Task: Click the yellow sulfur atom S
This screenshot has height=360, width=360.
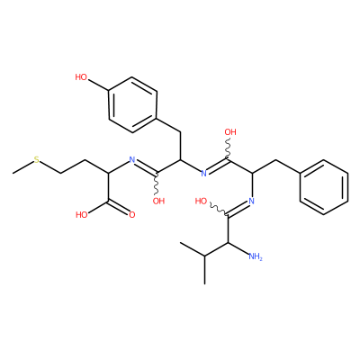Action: [37, 160]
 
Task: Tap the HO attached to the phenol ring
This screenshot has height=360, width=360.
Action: [81, 77]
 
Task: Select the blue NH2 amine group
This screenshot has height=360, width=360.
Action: [256, 256]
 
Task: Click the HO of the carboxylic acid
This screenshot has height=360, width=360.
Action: [82, 215]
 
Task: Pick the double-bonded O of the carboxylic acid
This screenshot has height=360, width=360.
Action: [132, 215]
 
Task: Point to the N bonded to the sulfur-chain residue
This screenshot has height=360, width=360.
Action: [131, 159]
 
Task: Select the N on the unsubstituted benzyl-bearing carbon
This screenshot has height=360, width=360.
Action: [251, 201]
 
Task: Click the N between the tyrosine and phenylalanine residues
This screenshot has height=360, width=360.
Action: [204, 173]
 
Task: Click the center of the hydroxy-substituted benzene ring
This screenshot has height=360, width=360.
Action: [132, 105]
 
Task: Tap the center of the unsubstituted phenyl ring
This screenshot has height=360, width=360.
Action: [324, 187]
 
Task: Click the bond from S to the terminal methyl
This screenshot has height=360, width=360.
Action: [23, 168]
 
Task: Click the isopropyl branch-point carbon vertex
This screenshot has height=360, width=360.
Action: [204, 256]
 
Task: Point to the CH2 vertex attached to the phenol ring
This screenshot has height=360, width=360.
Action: [180, 132]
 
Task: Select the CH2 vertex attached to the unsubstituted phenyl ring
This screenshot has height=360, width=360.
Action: [275, 160]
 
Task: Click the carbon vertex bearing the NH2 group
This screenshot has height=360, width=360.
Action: [228, 242]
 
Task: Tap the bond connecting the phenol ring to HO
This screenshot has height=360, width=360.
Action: [98, 84]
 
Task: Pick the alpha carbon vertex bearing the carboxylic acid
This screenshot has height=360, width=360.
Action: [108, 174]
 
